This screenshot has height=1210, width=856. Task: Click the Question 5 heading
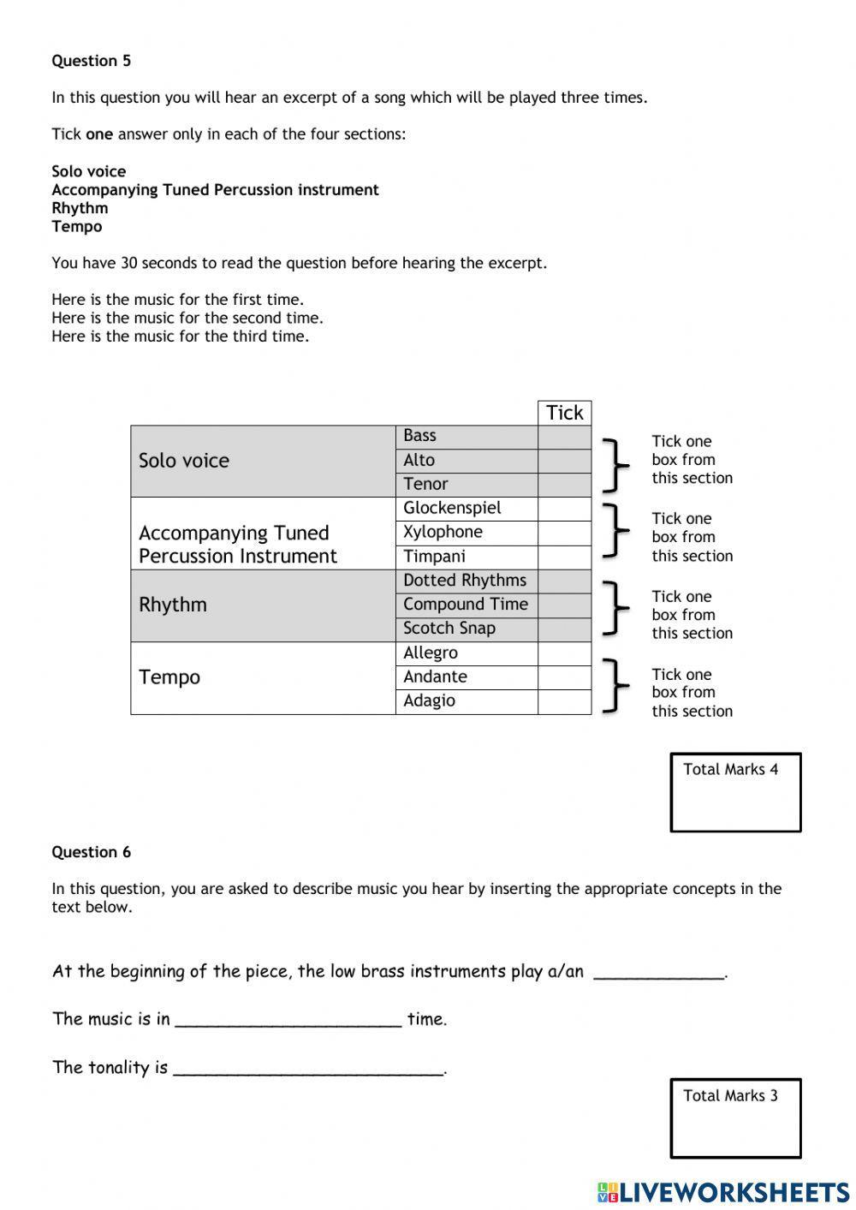click(91, 61)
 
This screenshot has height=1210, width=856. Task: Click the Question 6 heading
click(91, 852)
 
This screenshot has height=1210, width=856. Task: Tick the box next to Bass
click(564, 437)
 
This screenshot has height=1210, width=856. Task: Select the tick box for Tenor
click(564, 485)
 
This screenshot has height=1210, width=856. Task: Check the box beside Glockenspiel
click(564, 509)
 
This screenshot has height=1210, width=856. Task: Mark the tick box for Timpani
click(564, 557)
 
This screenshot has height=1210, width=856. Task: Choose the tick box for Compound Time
click(564, 605)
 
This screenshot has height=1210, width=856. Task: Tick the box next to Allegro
click(564, 653)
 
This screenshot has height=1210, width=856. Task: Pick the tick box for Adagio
click(564, 701)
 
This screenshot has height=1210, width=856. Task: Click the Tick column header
click(564, 413)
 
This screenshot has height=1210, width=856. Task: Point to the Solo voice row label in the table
click(184, 461)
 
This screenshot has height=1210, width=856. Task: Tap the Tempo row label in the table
click(169, 677)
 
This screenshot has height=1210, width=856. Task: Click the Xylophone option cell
click(466, 533)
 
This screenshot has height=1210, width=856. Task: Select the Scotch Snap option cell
click(466, 629)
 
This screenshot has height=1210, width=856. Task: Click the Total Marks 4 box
click(735, 792)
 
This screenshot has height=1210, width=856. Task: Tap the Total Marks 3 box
click(735, 1118)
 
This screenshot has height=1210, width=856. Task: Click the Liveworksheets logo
click(722, 1192)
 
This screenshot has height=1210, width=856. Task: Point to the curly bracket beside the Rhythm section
click(615, 608)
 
